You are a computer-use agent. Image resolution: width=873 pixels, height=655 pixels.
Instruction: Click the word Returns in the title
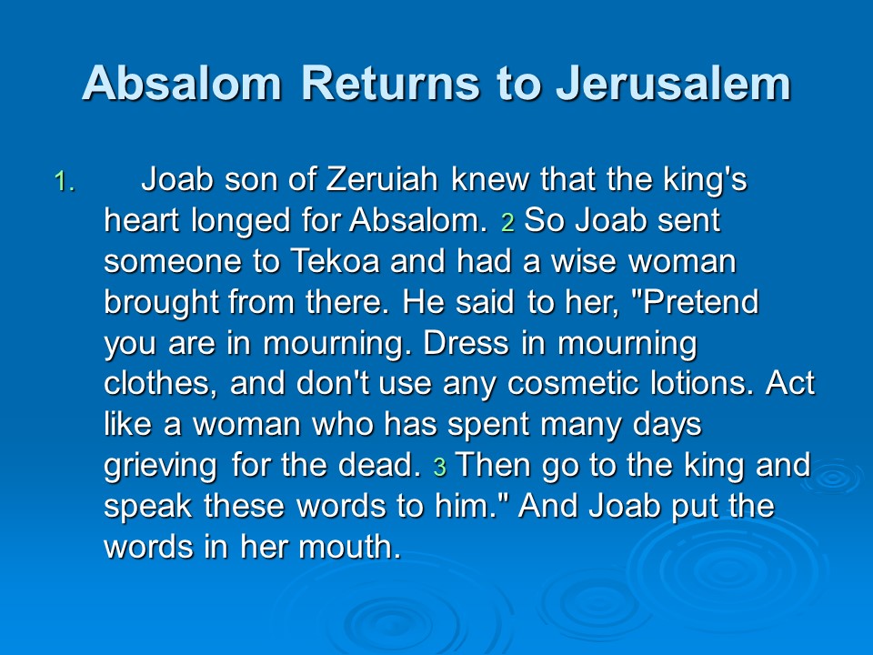tap(390, 83)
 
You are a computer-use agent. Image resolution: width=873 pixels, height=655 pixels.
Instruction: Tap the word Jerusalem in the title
tap(673, 83)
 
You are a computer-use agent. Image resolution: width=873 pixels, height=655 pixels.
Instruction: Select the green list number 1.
tap(65, 182)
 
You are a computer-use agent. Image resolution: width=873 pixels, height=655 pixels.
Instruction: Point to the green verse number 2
tap(507, 222)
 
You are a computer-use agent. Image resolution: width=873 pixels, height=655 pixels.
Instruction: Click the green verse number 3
tap(440, 468)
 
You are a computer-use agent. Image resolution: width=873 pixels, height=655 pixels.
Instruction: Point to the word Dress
tap(466, 343)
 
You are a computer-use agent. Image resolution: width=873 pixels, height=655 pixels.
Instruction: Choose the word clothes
tap(161, 384)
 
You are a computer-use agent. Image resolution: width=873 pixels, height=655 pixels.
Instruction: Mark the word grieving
tap(160, 467)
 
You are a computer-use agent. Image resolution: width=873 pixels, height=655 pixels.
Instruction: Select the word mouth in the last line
tap(349, 547)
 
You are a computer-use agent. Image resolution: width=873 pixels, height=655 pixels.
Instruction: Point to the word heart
tap(142, 220)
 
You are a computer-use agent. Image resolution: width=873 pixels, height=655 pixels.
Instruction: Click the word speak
tap(148, 507)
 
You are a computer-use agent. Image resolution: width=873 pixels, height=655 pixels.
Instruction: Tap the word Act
tap(790, 383)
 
